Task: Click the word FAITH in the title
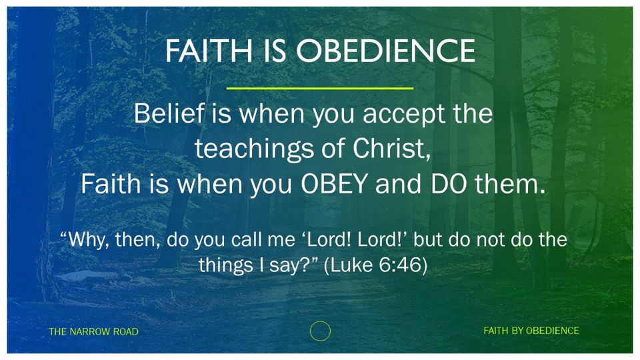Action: point(209,51)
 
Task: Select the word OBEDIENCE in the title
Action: point(385,51)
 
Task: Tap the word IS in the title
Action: point(274,51)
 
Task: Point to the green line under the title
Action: point(319,88)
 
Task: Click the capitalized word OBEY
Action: point(334,184)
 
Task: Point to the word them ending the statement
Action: point(509,184)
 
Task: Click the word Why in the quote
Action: point(85,240)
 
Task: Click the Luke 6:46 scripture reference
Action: point(375,265)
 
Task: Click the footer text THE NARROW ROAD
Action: point(93,331)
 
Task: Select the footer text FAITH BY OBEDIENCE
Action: point(531,331)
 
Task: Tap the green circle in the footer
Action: point(320,321)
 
